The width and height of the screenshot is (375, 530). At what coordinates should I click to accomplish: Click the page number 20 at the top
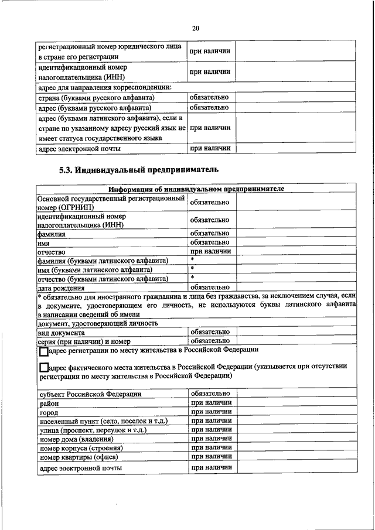pos(196,28)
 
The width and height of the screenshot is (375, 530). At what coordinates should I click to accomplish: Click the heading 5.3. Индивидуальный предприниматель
pos(139,170)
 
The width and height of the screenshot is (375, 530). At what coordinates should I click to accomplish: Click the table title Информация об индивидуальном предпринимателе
pos(196,189)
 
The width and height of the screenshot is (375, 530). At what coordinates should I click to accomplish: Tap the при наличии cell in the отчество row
pos(210,251)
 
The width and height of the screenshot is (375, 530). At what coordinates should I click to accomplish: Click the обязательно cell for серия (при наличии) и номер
pos(210,340)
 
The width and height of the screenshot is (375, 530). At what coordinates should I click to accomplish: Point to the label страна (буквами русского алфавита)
pos(96,98)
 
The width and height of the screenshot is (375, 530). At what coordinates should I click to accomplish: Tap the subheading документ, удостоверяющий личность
pos(98,323)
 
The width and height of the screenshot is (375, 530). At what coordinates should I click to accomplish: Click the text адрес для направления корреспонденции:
pos(104,88)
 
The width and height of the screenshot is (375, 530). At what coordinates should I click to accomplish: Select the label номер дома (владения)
pos(76,439)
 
